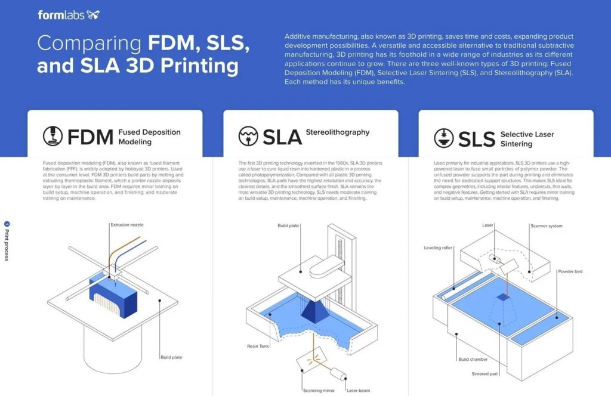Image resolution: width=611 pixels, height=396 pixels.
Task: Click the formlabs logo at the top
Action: [68, 15]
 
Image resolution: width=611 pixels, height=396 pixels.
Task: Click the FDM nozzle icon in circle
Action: [53, 137]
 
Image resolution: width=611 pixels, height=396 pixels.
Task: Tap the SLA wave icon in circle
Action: [248, 136]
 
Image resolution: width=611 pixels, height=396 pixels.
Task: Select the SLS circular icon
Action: [443, 138]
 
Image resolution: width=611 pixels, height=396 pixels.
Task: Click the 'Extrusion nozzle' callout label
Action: [127, 225]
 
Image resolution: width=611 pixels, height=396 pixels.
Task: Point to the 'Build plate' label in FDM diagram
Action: [171, 357]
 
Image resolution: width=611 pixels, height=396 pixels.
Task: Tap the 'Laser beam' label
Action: [358, 391]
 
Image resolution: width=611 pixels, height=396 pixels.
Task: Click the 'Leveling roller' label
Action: [439, 247]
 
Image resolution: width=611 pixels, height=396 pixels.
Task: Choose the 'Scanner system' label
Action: [546, 226]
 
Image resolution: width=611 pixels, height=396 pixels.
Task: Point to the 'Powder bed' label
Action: [570, 271]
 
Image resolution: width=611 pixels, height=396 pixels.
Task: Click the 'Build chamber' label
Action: [473, 359]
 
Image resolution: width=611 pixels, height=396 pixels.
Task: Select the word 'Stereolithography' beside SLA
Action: [337, 132]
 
